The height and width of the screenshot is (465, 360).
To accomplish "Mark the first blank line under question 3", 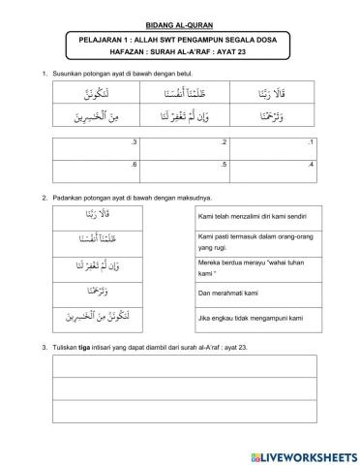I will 181,364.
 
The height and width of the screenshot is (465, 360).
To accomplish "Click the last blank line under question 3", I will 181,410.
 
